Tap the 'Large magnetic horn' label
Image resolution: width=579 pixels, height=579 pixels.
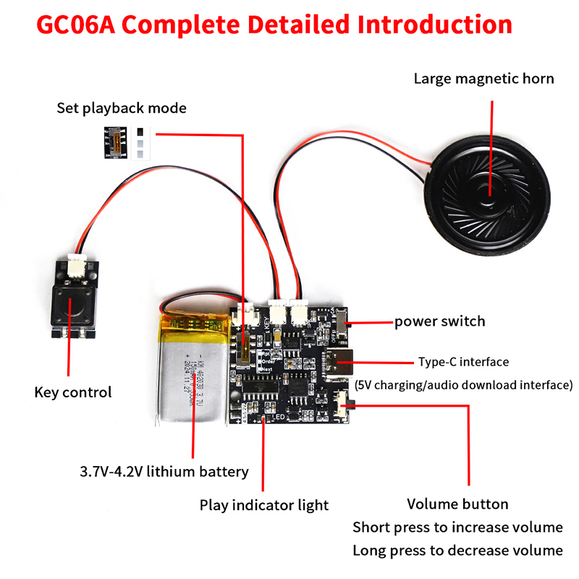[x=483, y=78]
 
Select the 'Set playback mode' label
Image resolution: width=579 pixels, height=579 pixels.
[x=122, y=109]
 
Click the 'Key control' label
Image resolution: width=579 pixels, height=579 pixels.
[x=73, y=393]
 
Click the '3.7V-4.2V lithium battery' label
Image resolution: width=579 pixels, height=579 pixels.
[x=164, y=472]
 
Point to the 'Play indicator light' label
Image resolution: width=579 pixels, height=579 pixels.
[x=264, y=505]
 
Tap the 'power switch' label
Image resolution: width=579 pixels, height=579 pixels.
[x=439, y=321]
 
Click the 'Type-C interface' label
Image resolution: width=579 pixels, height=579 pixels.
[x=463, y=362]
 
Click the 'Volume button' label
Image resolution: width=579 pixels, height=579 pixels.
[x=457, y=504]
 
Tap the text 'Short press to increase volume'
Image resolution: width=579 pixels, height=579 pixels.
[x=457, y=527]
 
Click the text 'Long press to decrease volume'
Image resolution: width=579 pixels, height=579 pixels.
[x=457, y=550]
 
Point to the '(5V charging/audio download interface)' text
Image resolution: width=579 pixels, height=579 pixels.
[x=464, y=384]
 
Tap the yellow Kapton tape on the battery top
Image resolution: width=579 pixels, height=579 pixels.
[x=195, y=318]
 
